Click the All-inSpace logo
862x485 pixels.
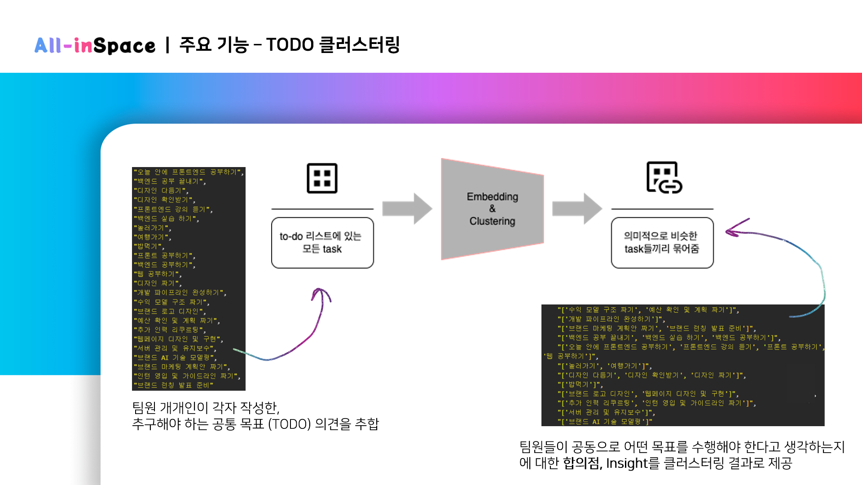[95, 45]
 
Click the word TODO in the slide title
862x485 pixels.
[290, 45]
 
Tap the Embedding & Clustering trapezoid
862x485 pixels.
[492, 209]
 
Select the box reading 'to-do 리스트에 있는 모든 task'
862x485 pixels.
[322, 242]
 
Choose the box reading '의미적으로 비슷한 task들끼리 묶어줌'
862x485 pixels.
[662, 242]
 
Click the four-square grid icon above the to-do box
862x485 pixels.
[322, 178]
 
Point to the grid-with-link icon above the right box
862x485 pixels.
[664, 177]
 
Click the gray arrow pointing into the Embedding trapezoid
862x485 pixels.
[407, 209]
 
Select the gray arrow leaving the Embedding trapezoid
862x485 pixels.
[577, 209]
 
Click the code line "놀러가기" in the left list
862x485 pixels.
[153, 228]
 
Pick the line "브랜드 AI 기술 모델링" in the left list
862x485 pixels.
[175, 358]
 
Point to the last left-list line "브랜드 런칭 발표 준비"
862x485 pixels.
[173, 385]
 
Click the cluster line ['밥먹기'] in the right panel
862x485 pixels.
[580, 384]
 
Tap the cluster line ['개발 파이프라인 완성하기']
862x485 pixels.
[611, 319]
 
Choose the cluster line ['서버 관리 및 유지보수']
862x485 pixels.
[606, 412]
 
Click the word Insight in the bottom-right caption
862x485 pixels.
[627, 463]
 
